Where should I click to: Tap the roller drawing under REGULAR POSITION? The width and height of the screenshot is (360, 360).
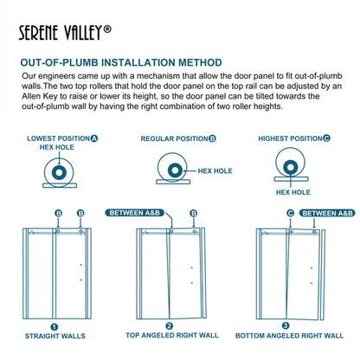168,169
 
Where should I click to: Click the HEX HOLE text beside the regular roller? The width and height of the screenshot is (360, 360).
215,171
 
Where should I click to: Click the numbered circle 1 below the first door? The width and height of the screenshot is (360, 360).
54,327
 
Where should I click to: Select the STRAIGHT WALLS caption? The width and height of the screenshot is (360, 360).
54,338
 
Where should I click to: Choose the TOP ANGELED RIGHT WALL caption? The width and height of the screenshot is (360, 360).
170,338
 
